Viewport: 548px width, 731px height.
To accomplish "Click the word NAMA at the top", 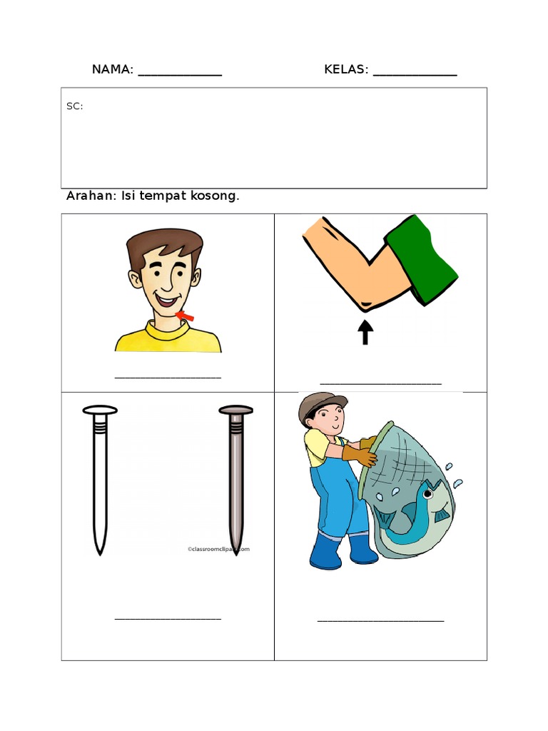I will [112, 69].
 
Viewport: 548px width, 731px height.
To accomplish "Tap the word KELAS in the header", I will [346, 69].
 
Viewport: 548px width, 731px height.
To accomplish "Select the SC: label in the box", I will [74, 106].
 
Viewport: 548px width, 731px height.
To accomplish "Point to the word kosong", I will [213, 196].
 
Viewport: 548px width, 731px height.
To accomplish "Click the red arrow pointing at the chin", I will [186, 315].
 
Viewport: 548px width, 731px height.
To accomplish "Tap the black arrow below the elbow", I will [365, 332].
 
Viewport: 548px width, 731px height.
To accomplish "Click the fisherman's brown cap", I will [321, 403].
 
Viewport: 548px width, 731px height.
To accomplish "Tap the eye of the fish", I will [427, 493].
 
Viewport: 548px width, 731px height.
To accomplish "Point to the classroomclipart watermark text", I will [218, 549].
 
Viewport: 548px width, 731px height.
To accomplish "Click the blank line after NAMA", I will [180, 74].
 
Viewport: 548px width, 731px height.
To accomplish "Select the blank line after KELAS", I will [415, 74].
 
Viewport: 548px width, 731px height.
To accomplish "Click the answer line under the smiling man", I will [168, 377].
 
